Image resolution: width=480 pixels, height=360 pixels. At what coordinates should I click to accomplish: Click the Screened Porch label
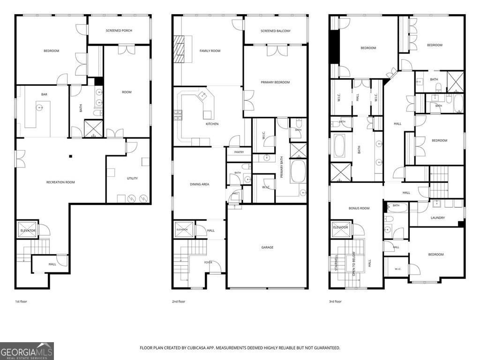(x=119, y=30)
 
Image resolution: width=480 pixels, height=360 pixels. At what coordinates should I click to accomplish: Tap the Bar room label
(x=44, y=94)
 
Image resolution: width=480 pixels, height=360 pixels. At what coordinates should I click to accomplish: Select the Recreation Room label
(x=60, y=182)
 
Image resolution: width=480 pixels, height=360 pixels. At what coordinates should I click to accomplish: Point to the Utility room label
(x=132, y=178)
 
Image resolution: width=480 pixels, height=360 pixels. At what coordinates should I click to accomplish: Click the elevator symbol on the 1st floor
(x=28, y=229)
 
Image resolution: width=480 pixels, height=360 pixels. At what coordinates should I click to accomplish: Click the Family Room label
(x=210, y=51)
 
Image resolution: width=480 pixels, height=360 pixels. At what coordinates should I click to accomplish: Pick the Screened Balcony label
(x=276, y=31)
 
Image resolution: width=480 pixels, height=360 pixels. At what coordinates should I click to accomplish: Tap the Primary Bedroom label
(x=275, y=82)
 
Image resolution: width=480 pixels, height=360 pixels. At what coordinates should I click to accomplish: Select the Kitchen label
(x=212, y=124)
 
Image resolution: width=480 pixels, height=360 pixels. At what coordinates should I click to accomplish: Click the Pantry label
(x=239, y=152)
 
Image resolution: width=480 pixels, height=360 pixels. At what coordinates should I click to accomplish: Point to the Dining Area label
(x=200, y=184)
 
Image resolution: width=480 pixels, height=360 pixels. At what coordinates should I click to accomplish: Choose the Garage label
(x=267, y=247)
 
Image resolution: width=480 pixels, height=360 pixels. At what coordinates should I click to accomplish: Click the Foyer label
(x=208, y=262)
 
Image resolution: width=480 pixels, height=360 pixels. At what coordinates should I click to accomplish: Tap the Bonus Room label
(x=359, y=208)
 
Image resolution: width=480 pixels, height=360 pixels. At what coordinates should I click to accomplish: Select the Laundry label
(x=438, y=217)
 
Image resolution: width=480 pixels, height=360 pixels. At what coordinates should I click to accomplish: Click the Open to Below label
(x=354, y=263)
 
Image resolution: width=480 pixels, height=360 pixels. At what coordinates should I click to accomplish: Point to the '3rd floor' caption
(x=335, y=301)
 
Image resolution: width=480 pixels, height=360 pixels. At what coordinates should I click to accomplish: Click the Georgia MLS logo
(x=27, y=351)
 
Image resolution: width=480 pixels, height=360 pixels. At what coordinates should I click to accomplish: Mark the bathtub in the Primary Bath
(x=298, y=172)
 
